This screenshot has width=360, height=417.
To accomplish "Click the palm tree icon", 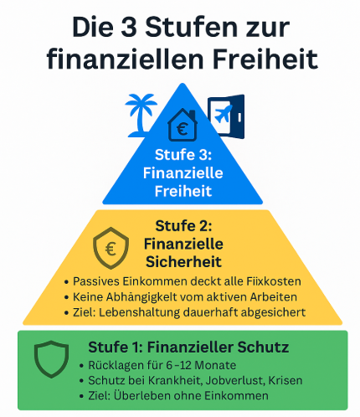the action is pos(141,115).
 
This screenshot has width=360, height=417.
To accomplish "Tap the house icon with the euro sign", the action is pos(183,125).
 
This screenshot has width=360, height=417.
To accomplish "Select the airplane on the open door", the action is pos(224,114).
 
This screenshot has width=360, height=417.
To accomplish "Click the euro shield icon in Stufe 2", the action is pos(111,248).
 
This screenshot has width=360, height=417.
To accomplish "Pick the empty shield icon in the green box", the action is pos(51,359).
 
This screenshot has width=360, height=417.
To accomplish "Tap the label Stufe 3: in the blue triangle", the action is pos(183,155).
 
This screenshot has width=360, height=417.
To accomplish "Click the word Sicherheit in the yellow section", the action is pos(183,262).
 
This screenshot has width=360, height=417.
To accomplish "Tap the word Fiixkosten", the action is pos(274,281).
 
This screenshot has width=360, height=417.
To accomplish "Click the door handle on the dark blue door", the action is pos(239,117).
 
